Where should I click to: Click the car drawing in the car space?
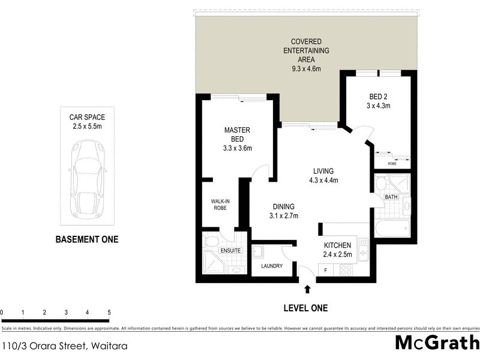tap(88, 180)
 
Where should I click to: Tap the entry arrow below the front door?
tap(308, 289)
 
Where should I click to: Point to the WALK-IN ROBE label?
tap(220, 205)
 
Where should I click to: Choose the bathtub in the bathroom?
tap(391, 228)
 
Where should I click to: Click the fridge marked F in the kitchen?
tap(326, 270)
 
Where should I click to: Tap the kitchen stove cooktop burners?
tap(346, 270)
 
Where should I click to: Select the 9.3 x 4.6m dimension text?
tap(303, 69)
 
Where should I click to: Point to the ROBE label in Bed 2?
tap(392, 163)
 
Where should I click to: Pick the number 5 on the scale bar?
tap(109, 313)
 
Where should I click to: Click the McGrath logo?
tap(437, 344)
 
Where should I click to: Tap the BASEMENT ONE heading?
tap(87, 239)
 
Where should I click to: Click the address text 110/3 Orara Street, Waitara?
tap(64, 346)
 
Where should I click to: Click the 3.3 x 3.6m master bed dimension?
tap(237, 148)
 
